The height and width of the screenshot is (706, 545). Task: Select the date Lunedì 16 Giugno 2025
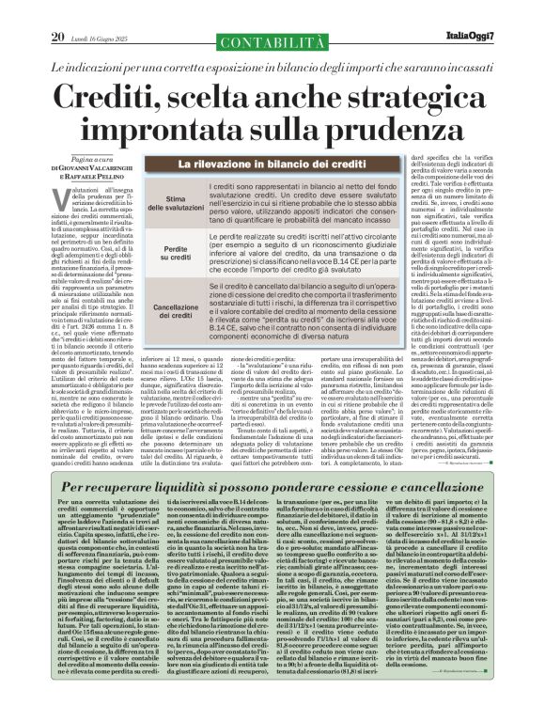(105, 12)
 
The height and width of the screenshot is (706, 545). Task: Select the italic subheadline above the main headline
(272, 41)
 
